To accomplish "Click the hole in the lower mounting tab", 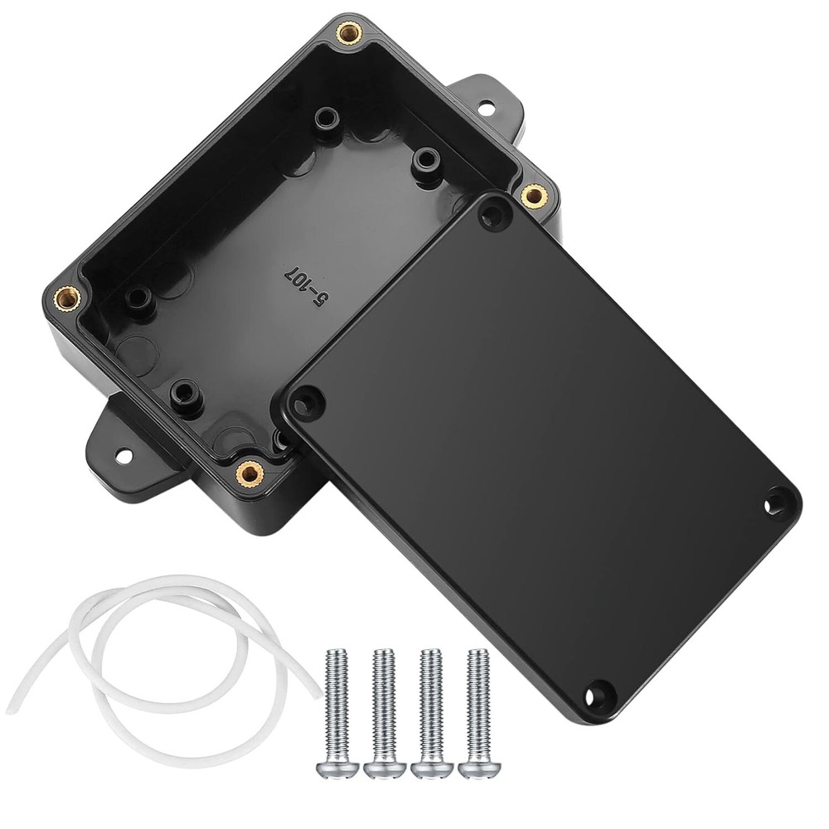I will click(x=124, y=455).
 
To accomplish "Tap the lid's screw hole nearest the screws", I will click(x=599, y=692).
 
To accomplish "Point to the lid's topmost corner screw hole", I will click(x=495, y=216).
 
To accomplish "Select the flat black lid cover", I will click(x=539, y=439).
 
